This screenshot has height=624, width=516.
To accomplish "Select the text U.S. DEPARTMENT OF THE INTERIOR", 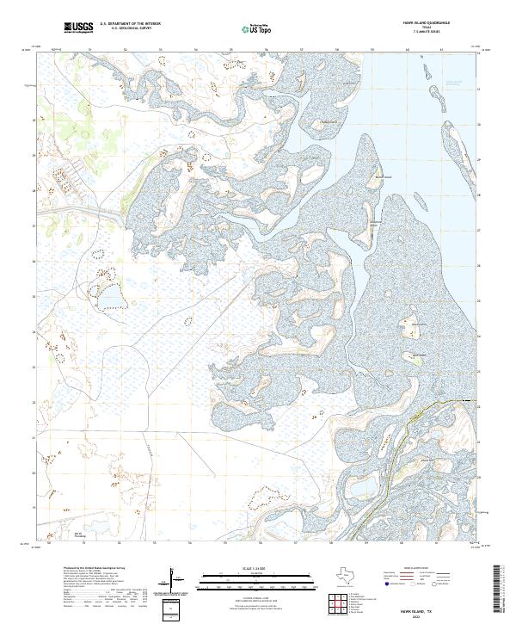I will pos(130,25).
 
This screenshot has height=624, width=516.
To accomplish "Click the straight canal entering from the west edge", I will pos(77,210).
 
